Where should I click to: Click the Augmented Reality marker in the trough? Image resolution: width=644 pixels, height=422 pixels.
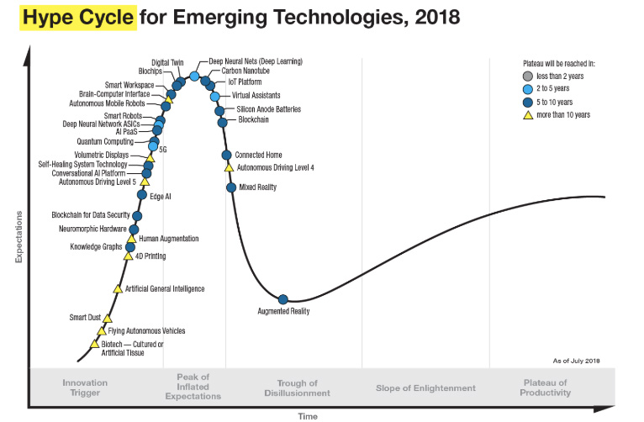pos(283,299)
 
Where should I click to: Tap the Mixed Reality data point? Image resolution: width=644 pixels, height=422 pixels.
pos(231,187)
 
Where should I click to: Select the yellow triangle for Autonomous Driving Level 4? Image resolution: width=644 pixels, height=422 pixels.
pos(229,167)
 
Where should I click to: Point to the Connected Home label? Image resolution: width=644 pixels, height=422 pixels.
pos(258,156)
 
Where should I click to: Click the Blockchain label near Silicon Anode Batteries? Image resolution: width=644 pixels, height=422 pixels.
pos(254,120)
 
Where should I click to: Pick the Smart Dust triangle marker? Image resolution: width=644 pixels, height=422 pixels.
pos(108,319)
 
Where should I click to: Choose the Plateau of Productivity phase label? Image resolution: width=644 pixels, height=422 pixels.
pos(546,388)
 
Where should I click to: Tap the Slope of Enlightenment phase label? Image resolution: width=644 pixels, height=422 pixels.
pos(425,388)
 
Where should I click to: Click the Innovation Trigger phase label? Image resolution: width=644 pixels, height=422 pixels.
pos(85,388)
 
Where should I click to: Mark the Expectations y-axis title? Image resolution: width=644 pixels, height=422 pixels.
pos(18,235)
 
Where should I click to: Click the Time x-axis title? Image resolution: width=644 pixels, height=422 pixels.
pos(308,415)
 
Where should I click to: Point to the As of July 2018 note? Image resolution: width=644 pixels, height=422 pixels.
pos(576,360)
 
